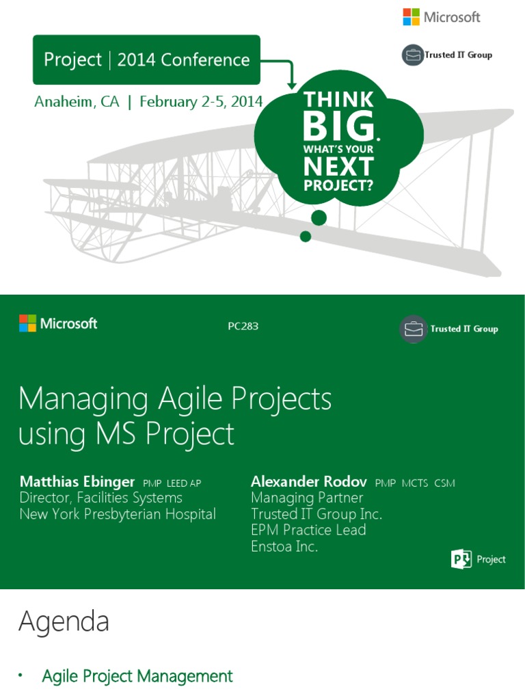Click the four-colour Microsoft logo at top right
pyautogui.click(x=411, y=17)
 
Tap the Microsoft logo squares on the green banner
pyautogui.click(x=27, y=323)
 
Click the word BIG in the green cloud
pyautogui.click(x=340, y=127)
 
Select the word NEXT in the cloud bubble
pyautogui.click(x=339, y=166)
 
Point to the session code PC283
pyautogui.click(x=243, y=327)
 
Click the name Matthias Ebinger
pyautogui.click(x=77, y=482)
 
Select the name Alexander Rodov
pyautogui.click(x=309, y=482)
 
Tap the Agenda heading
pyautogui.click(x=64, y=621)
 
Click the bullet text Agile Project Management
pyautogui.click(x=137, y=676)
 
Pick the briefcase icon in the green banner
pyautogui.click(x=413, y=329)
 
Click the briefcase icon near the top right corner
pyautogui.click(x=413, y=55)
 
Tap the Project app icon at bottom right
pyautogui.click(x=461, y=559)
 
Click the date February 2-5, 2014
pyautogui.click(x=201, y=102)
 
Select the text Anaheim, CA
pyautogui.click(x=77, y=102)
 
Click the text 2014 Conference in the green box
pyautogui.click(x=183, y=60)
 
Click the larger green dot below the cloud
pyautogui.click(x=319, y=218)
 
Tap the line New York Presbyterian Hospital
pyautogui.click(x=118, y=514)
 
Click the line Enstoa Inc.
pyautogui.click(x=284, y=546)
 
